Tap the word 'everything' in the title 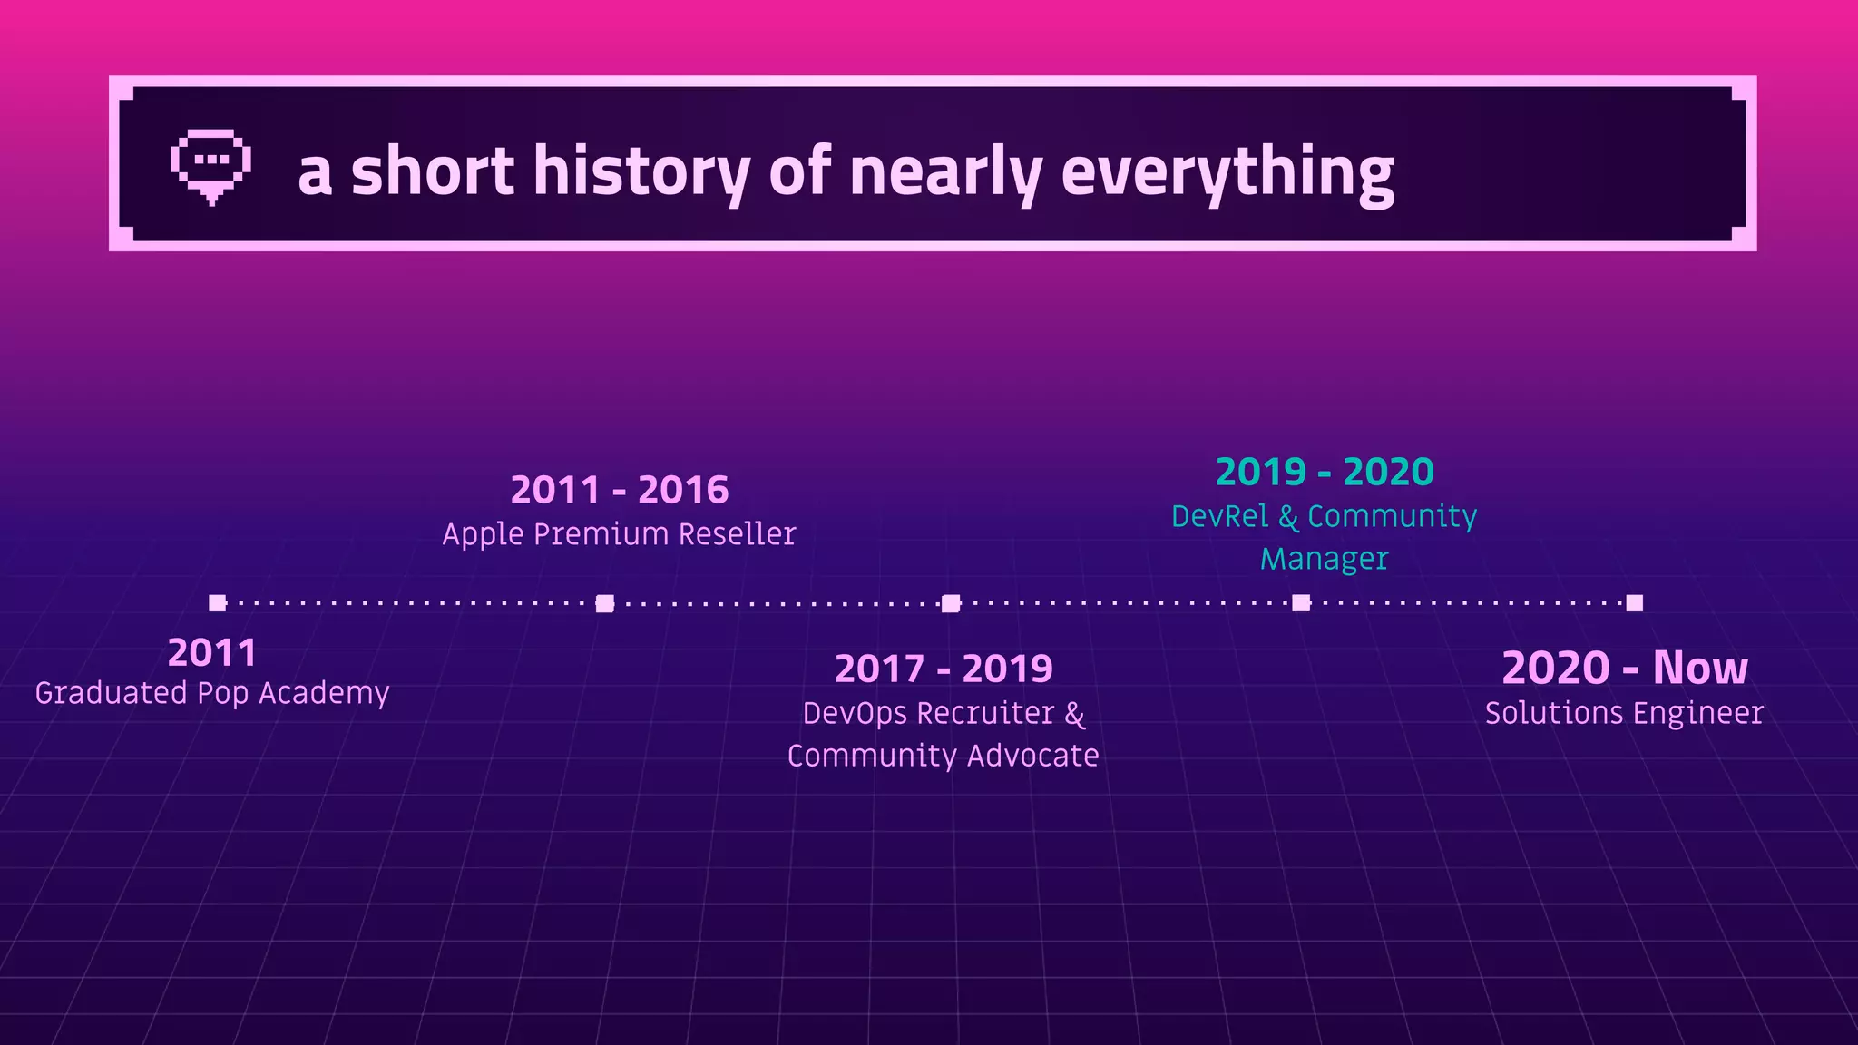(x=1227, y=172)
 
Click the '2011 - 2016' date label (x=620, y=490)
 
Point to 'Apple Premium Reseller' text (x=619, y=534)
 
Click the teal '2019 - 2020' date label (x=1325, y=472)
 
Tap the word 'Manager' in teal (x=1325, y=559)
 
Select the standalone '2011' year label (x=212, y=652)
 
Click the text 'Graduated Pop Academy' (x=212, y=693)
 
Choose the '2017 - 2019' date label (x=944, y=669)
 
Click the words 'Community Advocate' (x=944, y=756)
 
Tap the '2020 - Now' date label (x=1624, y=668)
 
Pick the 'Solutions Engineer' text (x=1624, y=713)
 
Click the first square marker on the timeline (x=217, y=603)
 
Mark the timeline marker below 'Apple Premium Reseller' (x=605, y=603)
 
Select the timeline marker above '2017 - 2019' (x=950, y=603)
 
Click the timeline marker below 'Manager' (x=1301, y=603)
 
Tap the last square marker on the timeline (x=1634, y=603)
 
